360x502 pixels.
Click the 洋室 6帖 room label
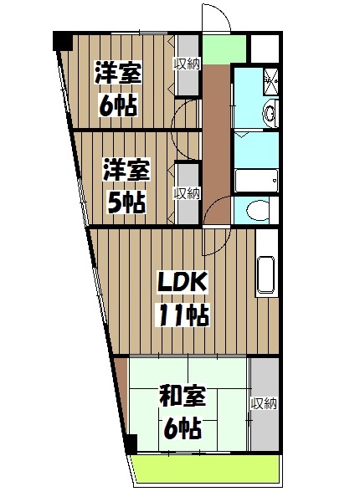(x=118, y=89)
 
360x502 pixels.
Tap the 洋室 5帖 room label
(x=126, y=186)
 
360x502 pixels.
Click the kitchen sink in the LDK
(x=267, y=275)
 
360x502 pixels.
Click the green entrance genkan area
(x=224, y=50)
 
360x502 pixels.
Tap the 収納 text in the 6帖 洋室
(x=186, y=64)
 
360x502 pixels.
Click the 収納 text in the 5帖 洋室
(x=186, y=193)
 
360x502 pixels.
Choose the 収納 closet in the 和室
(x=264, y=404)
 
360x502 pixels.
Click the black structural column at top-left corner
(x=62, y=39)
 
